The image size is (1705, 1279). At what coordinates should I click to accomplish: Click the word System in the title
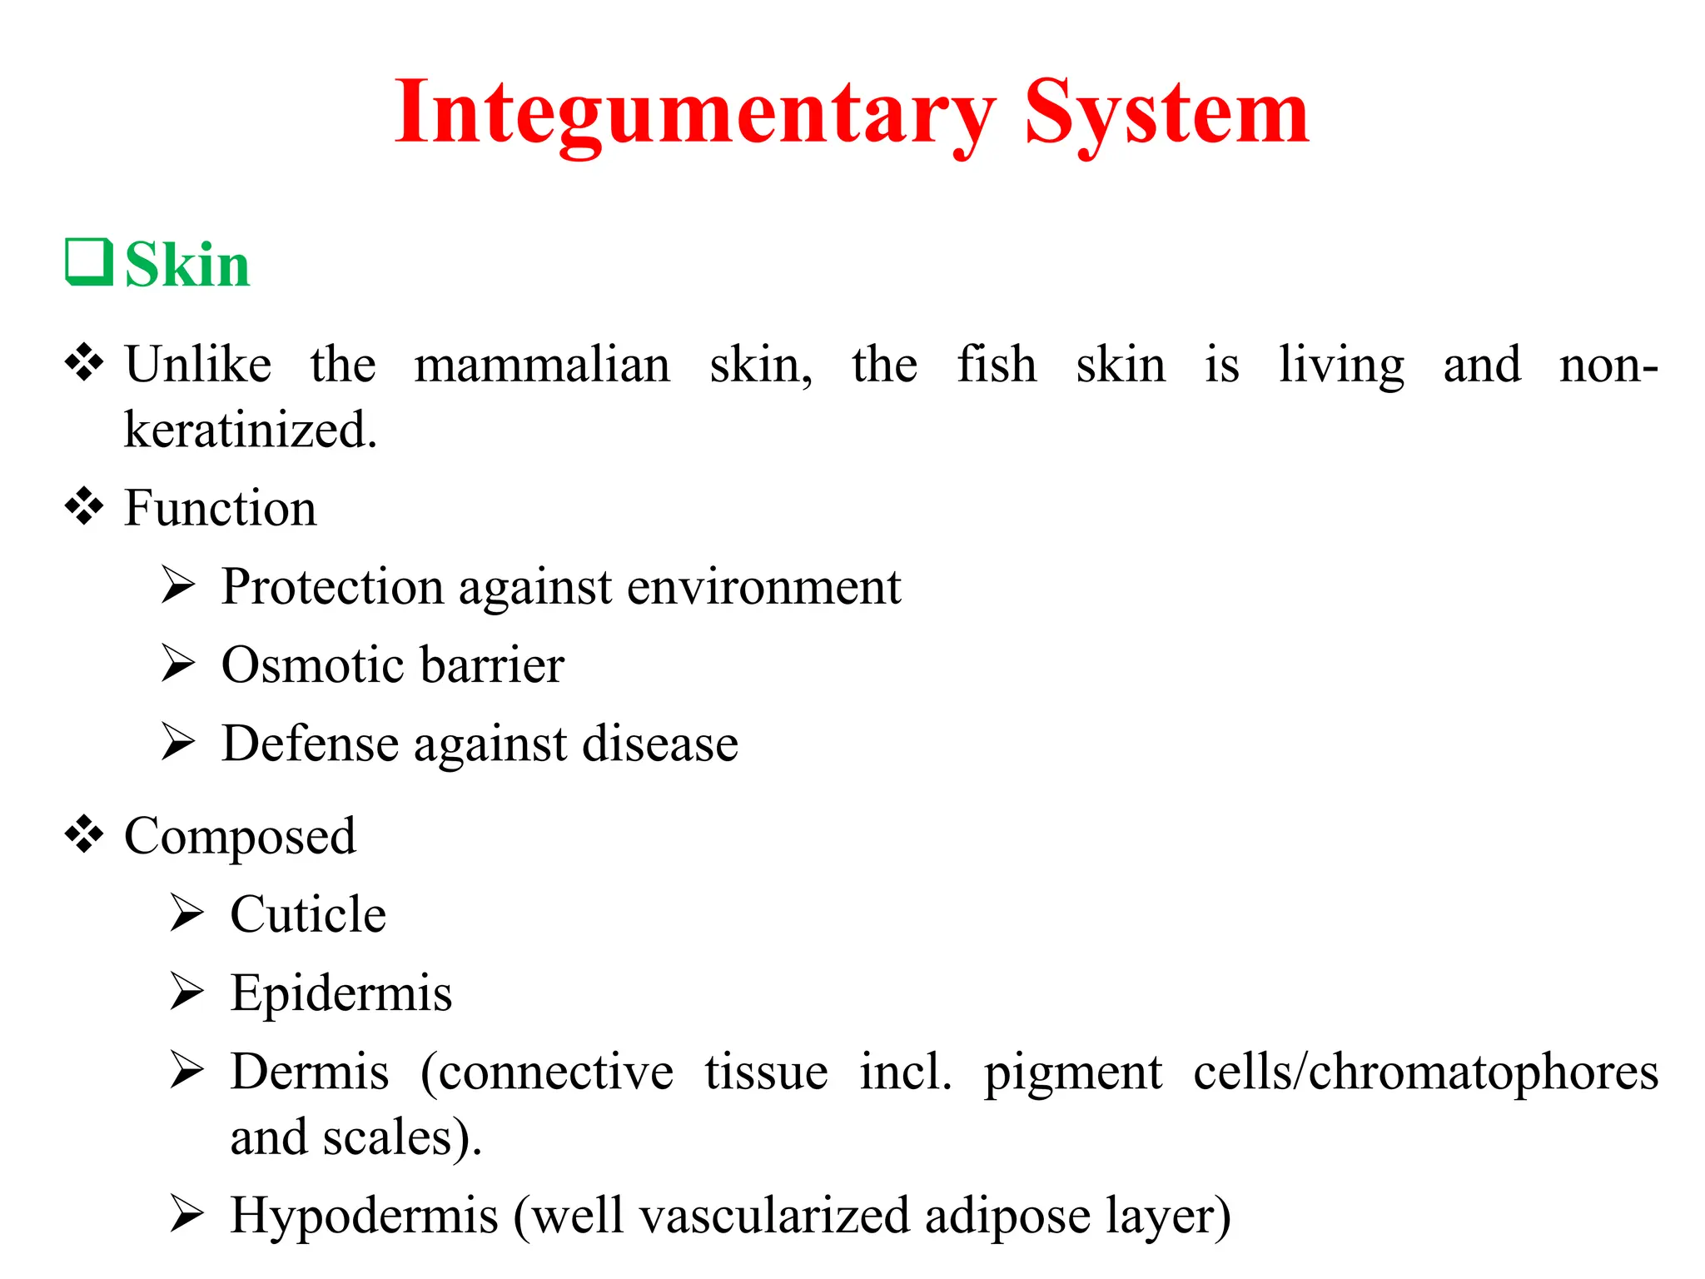coord(1166,113)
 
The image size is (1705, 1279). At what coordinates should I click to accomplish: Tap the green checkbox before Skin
coord(89,262)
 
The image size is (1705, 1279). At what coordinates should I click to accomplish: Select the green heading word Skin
coord(187,265)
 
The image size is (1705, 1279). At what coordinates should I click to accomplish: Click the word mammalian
coord(542,365)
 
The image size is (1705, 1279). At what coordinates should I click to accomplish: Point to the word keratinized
coord(250,430)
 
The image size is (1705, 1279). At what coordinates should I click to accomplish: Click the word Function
coord(220,508)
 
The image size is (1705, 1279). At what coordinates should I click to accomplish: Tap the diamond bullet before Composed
coord(84,834)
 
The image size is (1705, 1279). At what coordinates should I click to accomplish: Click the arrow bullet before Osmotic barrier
coord(178,664)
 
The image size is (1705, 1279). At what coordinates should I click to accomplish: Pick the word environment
coord(763,587)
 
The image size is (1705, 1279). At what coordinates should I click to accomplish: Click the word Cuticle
coord(308,914)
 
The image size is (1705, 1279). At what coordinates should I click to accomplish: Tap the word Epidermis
coord(341,993)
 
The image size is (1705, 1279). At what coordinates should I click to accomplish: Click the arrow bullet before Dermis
coord(186,1070)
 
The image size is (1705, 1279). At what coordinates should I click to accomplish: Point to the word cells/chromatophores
coord(1425,1072)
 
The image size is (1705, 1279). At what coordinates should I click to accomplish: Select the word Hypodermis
coord(364,1216)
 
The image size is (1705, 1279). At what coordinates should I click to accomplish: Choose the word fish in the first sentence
coord(997,365)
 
